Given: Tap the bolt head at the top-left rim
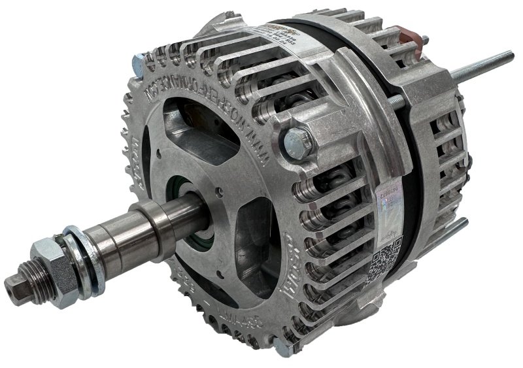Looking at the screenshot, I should click(x=139, y=64).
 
